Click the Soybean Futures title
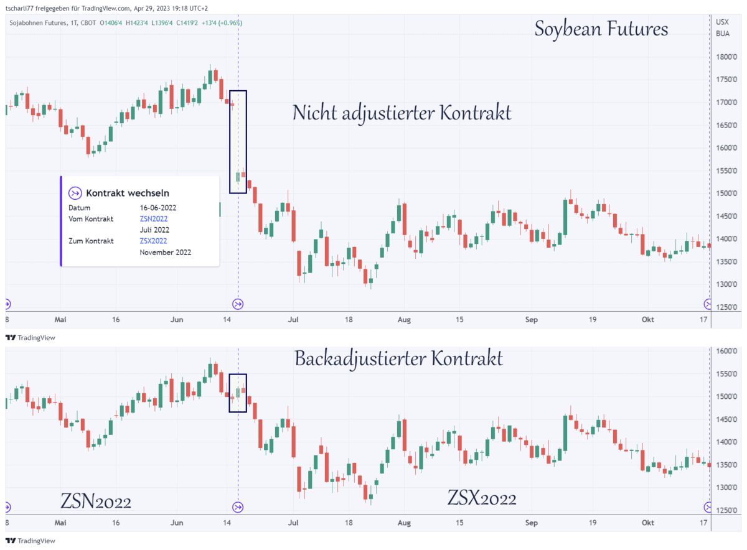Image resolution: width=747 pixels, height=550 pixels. (601, 29)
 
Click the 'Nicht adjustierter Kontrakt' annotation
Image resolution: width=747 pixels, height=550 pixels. (402, 113)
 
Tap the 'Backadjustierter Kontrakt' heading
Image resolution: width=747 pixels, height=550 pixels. (398, 358)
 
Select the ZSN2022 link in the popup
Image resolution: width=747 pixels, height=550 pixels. (154, 218)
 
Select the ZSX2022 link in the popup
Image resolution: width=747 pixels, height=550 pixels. (154, 241)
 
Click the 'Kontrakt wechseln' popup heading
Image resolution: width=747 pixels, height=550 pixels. (127, 193)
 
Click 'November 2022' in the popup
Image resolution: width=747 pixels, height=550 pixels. (165, 252)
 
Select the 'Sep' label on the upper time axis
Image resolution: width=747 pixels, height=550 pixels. (531, 319)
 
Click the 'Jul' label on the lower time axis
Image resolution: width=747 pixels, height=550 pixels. (293, 523)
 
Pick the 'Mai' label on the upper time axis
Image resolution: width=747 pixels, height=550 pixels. (60, 319)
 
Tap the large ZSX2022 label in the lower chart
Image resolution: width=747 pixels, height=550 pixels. (482, 498)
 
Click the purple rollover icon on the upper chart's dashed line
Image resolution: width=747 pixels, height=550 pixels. (238, 304)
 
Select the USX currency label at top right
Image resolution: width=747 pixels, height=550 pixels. (723, 22)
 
